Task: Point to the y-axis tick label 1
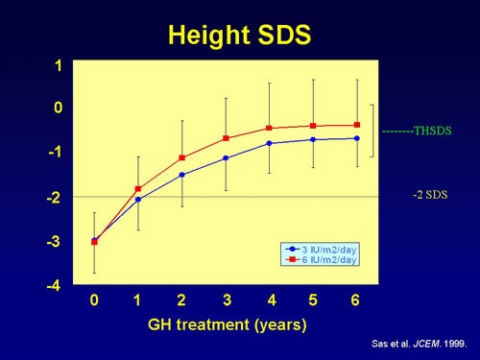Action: click(x=59, y=65)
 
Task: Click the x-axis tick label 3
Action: click(x=225, y=300)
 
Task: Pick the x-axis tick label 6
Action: click(x=355, y=300)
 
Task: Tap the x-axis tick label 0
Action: click(x=94, y=300)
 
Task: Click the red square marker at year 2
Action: click(x=181, y=157)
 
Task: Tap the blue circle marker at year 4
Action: click(x=269, y=143)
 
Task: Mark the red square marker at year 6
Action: click(x=356, y=125)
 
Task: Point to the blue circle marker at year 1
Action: click(x=138, y=200)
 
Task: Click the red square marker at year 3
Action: click(x=226, y=138)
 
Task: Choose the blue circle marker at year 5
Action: click(x=313, y=139)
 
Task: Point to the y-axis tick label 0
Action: click(x=59, y=108)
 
